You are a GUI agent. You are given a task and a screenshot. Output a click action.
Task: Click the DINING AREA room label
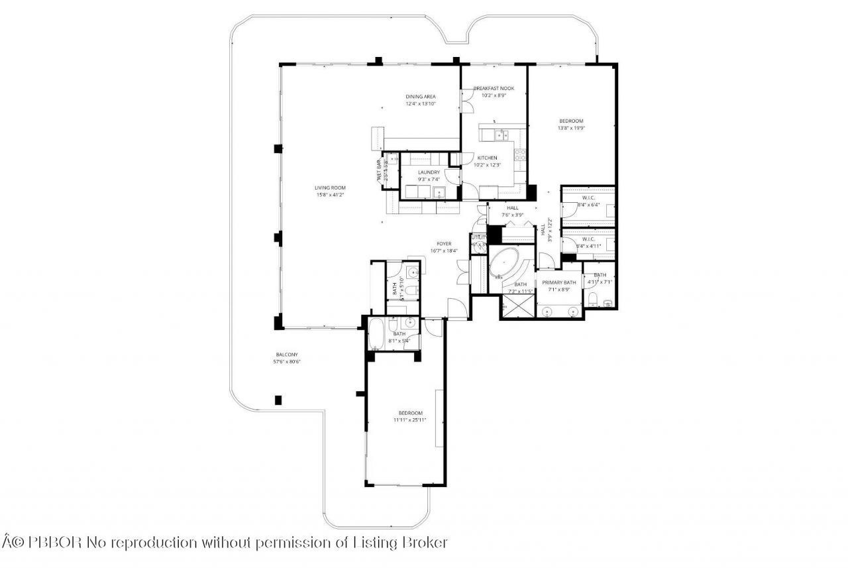[x=421, y=97]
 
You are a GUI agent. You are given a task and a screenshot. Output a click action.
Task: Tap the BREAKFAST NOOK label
[x=494, y=88]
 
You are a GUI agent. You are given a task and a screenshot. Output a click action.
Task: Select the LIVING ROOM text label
[x=330, y=188]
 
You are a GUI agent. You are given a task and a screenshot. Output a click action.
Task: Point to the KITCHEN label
[x=487, y=158]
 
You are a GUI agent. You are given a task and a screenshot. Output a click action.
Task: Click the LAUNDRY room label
[x=429, y=172]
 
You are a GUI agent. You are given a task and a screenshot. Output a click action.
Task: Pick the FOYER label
[x=444, y=243]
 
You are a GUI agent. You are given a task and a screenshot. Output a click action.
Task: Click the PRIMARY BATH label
[x=559, y=282]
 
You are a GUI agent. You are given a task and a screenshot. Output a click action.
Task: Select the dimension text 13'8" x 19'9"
[x=570, y=128]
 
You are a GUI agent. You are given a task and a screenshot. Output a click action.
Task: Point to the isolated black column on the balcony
[x=278, y=400]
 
